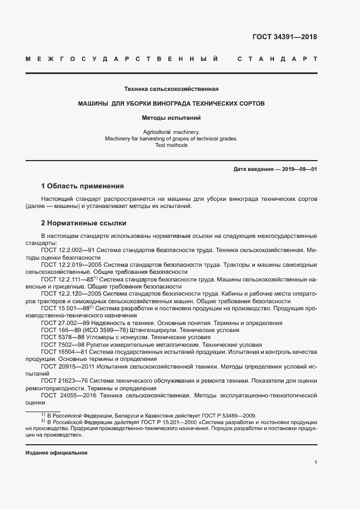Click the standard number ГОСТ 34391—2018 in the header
point(284,38)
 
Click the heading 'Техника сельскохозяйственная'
point(172,89)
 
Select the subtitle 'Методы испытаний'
point(172,117)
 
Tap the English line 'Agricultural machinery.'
point(172,132)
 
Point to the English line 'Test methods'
point(172,145)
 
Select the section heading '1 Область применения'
point(83,186)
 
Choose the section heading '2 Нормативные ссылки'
point(83,223)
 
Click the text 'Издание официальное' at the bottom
point(56,453)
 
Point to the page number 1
point(315,462)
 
